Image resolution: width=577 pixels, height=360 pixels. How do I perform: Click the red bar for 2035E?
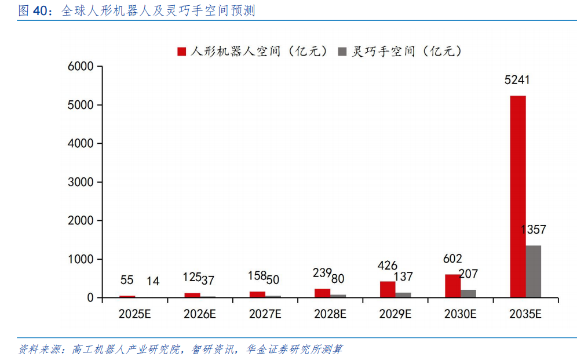[517, 197]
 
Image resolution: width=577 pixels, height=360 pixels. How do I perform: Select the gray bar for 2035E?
[533, 271]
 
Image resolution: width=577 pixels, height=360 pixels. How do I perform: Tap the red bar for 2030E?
[452, 286]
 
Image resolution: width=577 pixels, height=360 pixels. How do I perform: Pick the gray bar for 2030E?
[468, 293]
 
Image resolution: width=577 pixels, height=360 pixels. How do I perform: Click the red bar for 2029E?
[388, 289]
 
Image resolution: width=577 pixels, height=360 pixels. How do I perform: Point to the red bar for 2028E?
[323, 293]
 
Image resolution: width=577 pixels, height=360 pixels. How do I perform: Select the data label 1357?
[533, 230]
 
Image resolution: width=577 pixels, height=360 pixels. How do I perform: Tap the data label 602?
[452, 259]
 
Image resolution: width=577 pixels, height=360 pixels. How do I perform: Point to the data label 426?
[387, 266]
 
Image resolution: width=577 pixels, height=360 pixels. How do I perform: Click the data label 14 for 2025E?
[153, 281]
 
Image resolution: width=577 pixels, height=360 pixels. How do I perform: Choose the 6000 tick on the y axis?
[81, 67]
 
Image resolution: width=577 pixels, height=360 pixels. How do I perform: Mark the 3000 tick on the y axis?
[81, 182]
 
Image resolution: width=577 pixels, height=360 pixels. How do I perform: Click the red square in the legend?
[181, 52]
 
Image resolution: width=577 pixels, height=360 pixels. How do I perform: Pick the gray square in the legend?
[342, 52]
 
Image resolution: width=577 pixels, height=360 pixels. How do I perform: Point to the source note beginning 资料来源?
[180, 349]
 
